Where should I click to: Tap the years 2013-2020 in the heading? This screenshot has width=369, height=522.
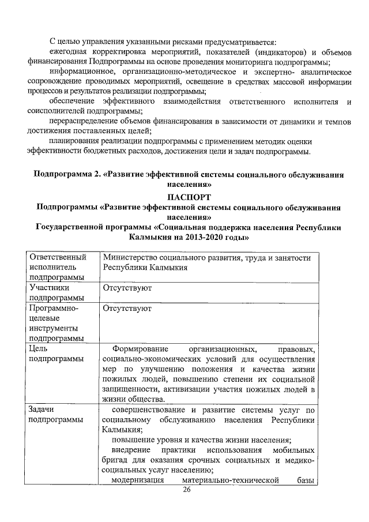(208, 237)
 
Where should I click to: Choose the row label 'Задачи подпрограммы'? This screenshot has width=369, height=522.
(55, 414)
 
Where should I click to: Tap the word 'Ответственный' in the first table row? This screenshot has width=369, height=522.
(61, 257)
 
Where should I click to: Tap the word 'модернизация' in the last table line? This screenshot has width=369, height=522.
(139, 480)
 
